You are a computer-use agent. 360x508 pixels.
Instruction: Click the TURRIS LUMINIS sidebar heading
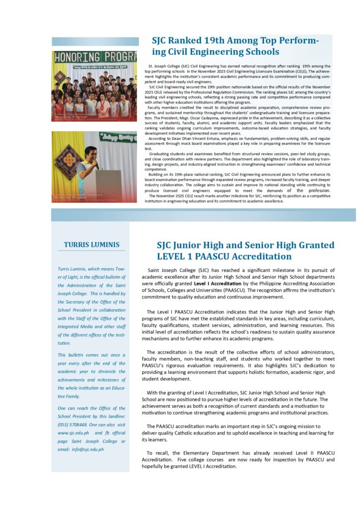[91, 245]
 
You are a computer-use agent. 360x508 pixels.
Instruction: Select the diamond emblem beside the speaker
[67, 164]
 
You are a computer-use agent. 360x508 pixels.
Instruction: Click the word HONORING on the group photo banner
[73, 56]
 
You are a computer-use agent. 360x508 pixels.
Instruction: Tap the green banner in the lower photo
[118, 137]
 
